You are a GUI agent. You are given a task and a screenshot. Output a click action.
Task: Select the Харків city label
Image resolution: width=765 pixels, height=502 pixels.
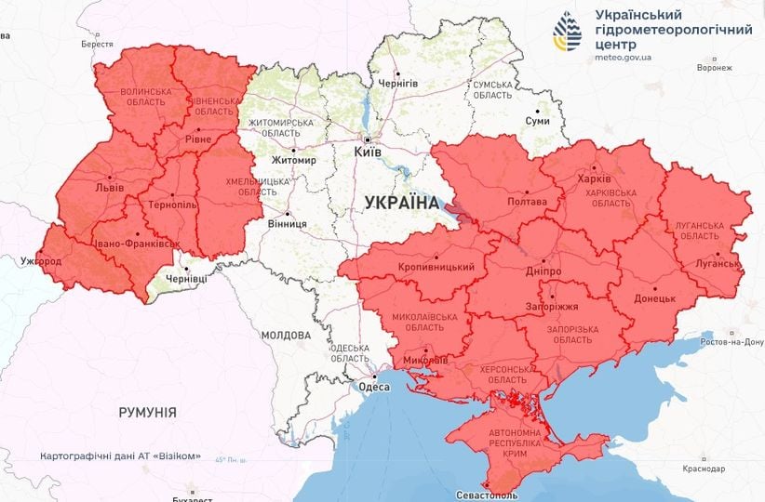click(x=594, y=178)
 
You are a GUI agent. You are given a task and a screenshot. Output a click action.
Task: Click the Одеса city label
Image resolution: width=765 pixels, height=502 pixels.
click(x=374, y=388)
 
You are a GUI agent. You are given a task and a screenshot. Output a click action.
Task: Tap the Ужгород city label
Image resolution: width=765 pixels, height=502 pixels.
click(x=42, y=261)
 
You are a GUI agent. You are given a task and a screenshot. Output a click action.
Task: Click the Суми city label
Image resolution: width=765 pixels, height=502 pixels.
click(x=537, y=121)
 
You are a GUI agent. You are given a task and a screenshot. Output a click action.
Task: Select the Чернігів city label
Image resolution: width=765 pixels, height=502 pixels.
click(x=398, y=83)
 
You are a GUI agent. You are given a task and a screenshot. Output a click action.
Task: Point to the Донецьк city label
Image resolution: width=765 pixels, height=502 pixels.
click(x=654, y=299)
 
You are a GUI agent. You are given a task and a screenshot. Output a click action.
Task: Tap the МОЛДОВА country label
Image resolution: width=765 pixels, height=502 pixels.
click(x=286, y=335)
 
